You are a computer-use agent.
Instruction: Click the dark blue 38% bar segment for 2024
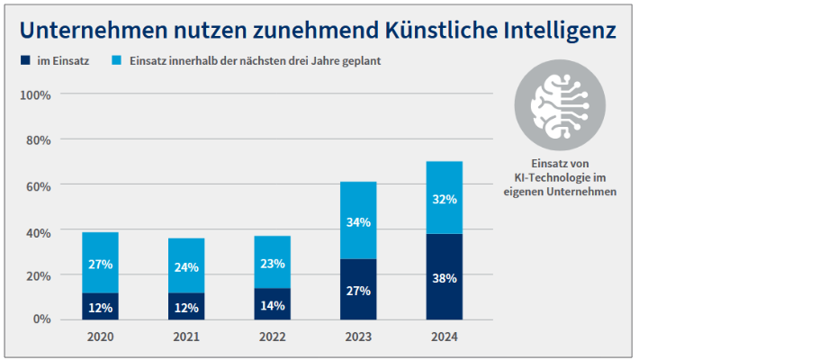tap(444, 277)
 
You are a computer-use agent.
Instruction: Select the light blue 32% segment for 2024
tap(444, 198)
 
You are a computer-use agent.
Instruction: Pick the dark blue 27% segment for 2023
tap(358, 290)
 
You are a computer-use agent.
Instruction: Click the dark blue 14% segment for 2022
tap(272, 304)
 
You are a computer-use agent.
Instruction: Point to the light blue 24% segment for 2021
tap(186, 265)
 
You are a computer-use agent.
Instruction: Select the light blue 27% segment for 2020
tap(100, 263)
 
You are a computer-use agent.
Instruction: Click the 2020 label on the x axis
tap(100, 337)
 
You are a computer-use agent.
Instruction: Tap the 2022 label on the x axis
tap(272, 337)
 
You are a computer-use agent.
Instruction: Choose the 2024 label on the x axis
tap(444, 337)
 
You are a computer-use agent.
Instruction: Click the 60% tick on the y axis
tap(37, 185)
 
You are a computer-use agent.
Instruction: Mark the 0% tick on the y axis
tap(40, 319)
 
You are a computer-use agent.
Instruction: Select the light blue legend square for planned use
tap(117, 61)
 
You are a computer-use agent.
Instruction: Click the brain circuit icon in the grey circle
tap(559, 105)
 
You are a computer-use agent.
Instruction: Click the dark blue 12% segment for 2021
tap(186, 307)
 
